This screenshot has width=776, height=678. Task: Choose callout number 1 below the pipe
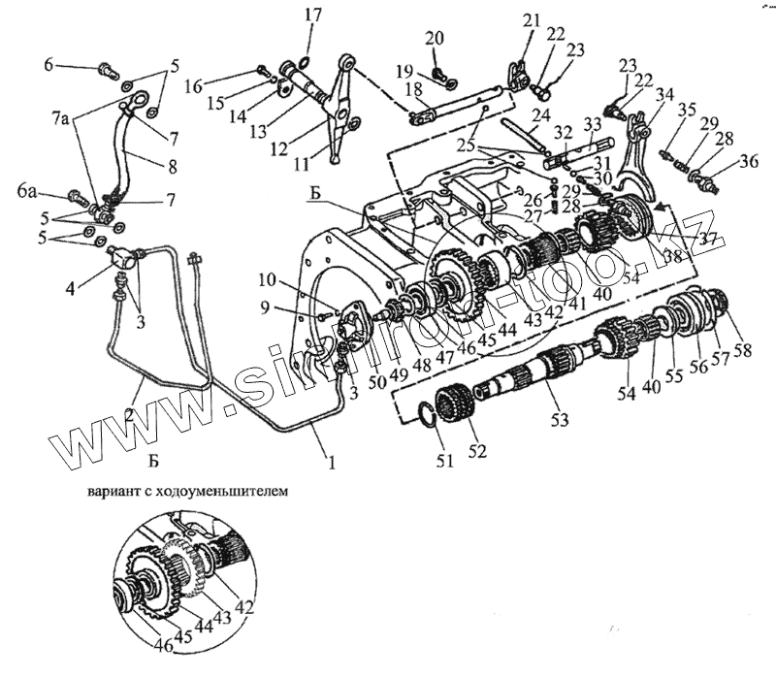coord(331,464)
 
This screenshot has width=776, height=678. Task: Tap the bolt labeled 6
coord(107,69)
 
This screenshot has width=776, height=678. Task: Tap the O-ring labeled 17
coord(304,63)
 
